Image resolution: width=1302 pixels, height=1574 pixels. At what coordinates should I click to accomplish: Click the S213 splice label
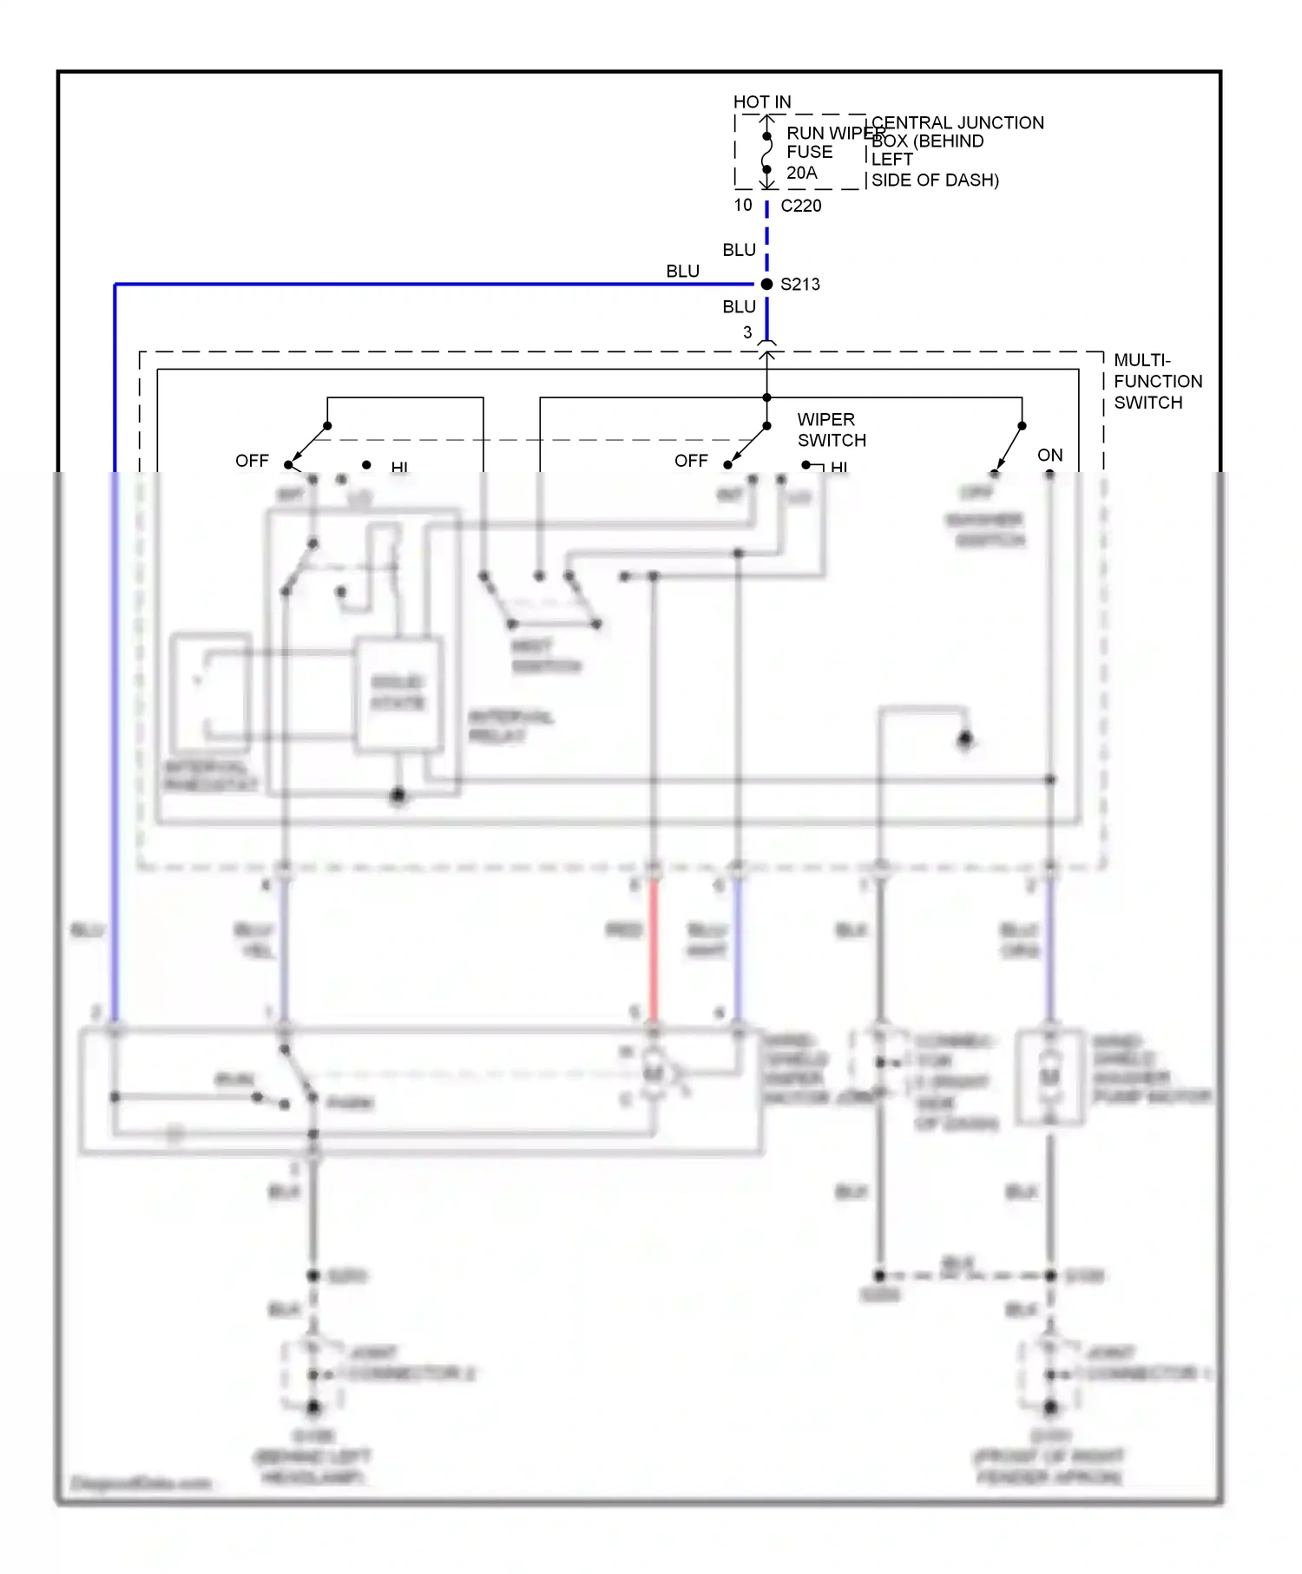pos(799,285)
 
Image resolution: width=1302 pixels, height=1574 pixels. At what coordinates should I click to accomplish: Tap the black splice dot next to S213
pos(766,285)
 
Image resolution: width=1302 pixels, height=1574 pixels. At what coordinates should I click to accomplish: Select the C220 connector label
pos(800,206)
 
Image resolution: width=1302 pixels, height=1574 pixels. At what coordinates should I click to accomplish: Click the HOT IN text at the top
pos(761,102)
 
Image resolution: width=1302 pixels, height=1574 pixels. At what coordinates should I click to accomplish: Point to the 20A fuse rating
pos(801,173)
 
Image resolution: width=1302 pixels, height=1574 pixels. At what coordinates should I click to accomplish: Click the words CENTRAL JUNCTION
pos(957,123)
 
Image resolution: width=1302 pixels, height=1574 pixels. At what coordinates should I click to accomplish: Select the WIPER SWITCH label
pos(831,430)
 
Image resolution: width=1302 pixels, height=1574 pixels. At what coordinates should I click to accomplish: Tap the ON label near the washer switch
pos(1049,455)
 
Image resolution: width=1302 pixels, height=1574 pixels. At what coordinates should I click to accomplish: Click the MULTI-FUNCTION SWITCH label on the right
pos(1157,382)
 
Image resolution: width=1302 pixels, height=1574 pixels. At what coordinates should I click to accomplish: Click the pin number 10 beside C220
pos(743,205)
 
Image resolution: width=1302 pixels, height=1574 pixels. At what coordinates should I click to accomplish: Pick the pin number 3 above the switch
pos(747,332)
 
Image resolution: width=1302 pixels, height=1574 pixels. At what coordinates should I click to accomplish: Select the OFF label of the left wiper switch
pos(252,461)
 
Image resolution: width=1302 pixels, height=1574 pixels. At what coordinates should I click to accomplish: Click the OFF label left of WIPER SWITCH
pos(691,461)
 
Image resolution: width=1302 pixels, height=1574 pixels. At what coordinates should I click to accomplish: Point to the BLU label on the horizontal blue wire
pos(682,272)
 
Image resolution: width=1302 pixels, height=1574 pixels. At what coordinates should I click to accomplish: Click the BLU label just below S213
pos(739,307)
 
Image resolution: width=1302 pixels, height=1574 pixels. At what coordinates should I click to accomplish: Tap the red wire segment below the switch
pos(653,950)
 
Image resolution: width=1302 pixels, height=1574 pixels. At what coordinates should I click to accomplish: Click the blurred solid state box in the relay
pos(398,692)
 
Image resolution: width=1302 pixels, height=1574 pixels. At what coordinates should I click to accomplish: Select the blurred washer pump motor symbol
pos(1050,1077)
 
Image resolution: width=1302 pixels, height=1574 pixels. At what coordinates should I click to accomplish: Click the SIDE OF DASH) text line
pos(935,180)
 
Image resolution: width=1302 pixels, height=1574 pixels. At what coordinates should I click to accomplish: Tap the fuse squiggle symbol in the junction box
pos(766,154)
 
